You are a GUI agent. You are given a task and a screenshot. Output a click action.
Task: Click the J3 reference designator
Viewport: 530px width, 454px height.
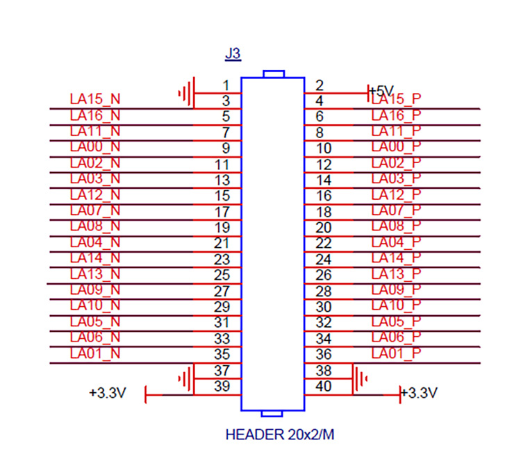click(233, 53)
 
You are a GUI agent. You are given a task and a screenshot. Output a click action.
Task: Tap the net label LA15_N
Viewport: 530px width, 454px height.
click(96, 99)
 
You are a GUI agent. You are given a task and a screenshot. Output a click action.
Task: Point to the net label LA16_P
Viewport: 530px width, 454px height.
click(396, 115)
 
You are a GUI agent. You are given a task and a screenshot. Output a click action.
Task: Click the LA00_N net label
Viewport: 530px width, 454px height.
click(96, 147)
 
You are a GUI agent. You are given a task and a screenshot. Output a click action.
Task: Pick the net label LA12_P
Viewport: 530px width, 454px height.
click(396, 195)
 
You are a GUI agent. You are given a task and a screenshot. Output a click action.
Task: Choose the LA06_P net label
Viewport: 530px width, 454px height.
click(396, 338)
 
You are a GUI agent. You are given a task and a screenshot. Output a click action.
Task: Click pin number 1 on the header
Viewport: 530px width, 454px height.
click(225, 85)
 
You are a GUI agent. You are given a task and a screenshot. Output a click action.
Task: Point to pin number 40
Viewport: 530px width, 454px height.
click(324, 387)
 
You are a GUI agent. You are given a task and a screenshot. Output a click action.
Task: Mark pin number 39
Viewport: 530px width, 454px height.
click(222, 387)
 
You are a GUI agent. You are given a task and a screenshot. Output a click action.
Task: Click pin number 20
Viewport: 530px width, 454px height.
click(324, 227)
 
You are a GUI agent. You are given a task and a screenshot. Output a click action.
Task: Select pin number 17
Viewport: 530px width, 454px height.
click(222, 211)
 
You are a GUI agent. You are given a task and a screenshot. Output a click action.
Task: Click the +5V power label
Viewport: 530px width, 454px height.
click(381, 91)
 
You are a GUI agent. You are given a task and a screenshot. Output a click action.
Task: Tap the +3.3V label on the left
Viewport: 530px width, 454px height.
click(107, 393)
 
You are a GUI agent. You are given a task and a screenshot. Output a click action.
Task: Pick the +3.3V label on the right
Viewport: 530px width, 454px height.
click(420, 393)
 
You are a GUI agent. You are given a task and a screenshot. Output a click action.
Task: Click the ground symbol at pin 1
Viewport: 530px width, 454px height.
click(187, 92)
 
